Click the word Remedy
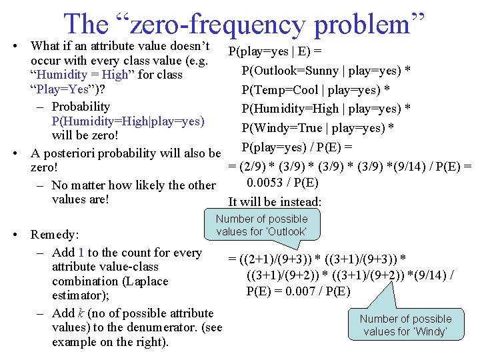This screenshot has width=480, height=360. [x=55, y=235]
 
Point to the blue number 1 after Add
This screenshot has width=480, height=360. [x=81, y=252]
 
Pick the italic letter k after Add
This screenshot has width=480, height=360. [x=78, y=313]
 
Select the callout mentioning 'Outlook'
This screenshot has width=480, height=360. [x=262, y=225]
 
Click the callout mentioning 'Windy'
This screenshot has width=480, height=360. [x=405, y=325]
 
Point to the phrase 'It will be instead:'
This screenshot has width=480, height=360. [x=275, y=201]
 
